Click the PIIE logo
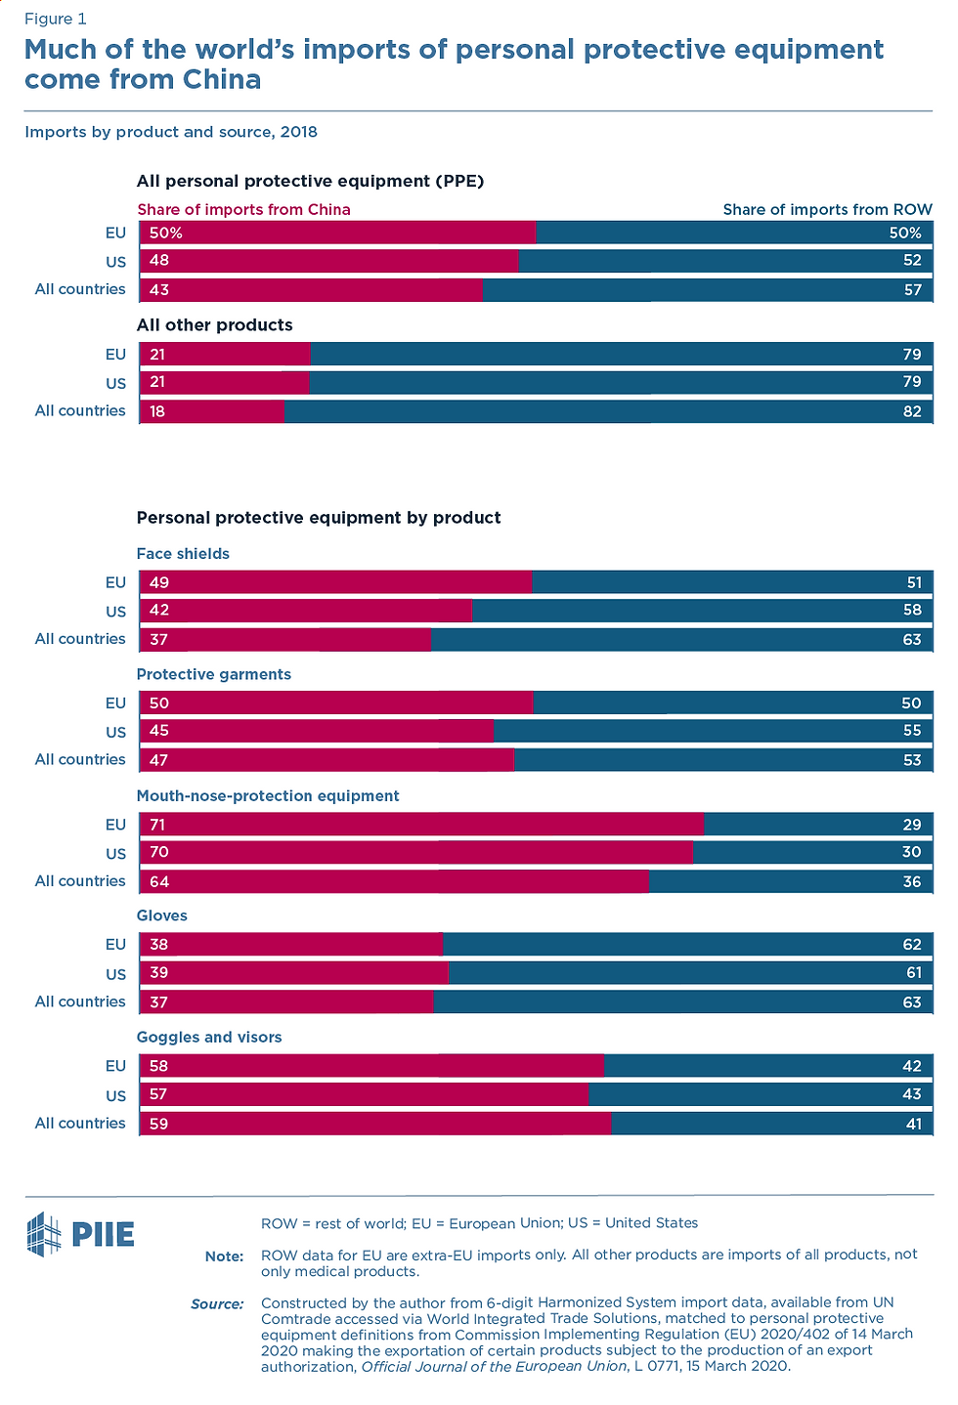pyautogui.click(x=80, y=1234)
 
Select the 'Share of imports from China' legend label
pyautogui.click(x=243, y=209)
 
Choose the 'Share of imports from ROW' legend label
pyautogui.click(x=827, y=209)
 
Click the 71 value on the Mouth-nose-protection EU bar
pyautogui.click(x=157, y=825)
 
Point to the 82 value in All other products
pyautogui.click(x=912, y=411)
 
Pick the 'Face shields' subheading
pyautogui.click(x=183, y=554)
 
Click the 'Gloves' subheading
pyautogui.click(x=161, y=915)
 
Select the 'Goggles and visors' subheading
pyautogui.click(x=209, y=1037)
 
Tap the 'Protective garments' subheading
pyautogui.click(x=213, y=674)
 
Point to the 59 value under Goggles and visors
pyautogui.click(x=158, y=1124)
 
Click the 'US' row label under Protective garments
pyautogui.click(x=115, y=732)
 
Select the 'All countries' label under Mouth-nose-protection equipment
pyautogui.click(x=80, y=880)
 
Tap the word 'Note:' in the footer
pyautogui.click(x=224, y=1256)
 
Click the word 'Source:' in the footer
pyautogui.click(x=217, y=1303)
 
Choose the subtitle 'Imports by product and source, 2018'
pyautogui.click(x=171, y=132)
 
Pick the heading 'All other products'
pyautogui.click(x=214, y=325)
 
